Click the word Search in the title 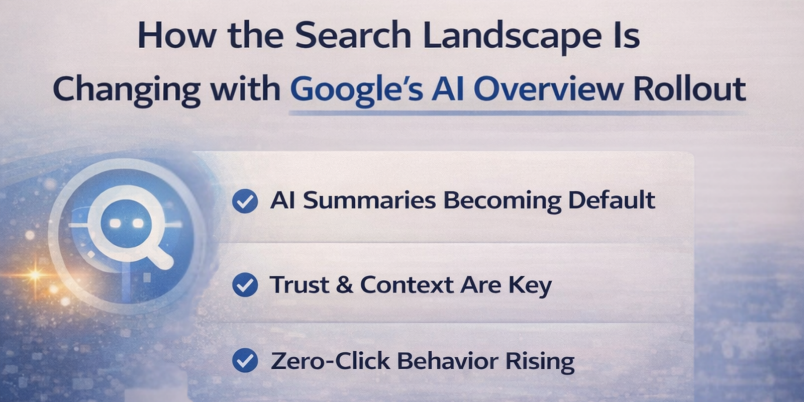point(353,36)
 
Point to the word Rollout point(689,89)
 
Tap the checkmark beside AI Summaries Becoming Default point(245,201)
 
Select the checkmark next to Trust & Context point(245,285)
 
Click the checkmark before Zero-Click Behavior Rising point(245,361)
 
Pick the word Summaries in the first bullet point(369,200)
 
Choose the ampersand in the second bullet point(344,285)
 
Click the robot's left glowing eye point(115,223)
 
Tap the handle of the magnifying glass point(160,257)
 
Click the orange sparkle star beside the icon point(35,274)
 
